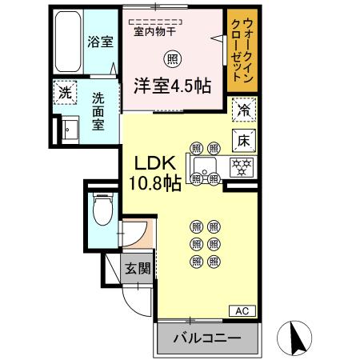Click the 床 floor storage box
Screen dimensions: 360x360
[243, 139]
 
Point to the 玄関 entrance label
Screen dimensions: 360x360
[137, 268]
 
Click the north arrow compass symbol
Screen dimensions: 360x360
[298, 336]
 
